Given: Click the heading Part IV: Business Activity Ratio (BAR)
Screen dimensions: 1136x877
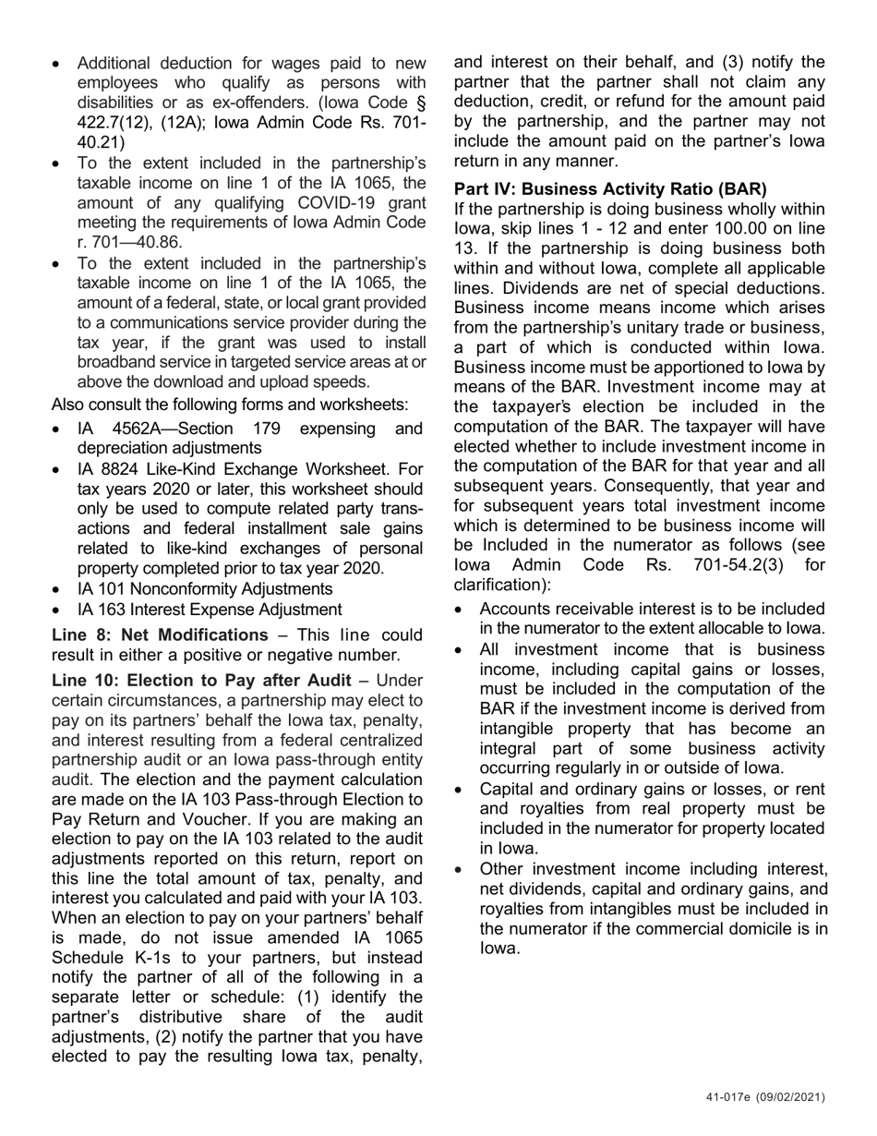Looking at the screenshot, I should tap(610, 188).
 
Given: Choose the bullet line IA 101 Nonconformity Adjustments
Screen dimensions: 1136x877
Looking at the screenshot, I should tap(205, 588).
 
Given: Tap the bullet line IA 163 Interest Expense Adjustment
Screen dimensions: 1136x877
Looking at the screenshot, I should tap(210, 609).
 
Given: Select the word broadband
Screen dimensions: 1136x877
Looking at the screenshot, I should tap(117, 362).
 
